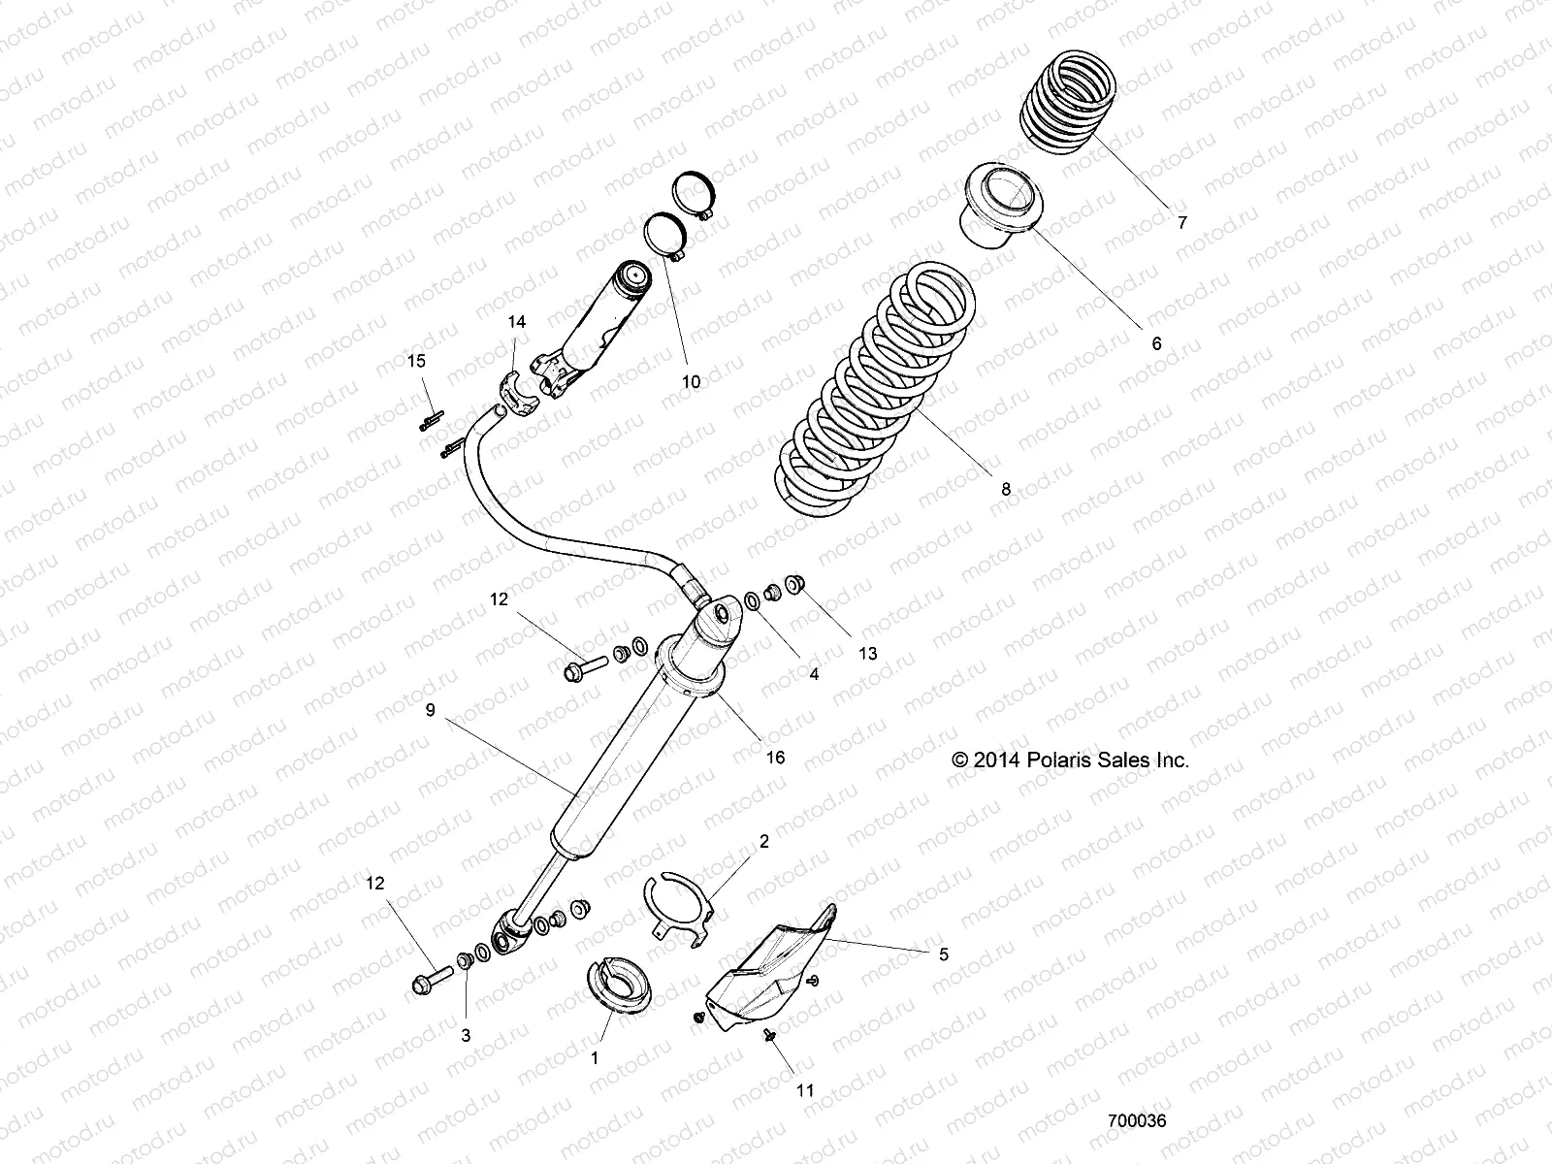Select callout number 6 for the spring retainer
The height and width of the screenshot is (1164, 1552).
pos(1155,343)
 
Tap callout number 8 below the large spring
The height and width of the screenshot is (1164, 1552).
pos(1006,490)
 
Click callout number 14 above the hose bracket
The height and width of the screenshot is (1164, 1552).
pos(517,322)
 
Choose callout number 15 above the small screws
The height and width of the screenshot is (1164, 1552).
pos(415,361)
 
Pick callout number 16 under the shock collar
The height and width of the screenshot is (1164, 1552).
pos(774,758)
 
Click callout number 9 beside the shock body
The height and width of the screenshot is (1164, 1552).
pos(431,710)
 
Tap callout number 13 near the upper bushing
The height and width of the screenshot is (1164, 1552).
pos(867,654)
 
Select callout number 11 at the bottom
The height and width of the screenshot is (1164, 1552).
pos(805,1090)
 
